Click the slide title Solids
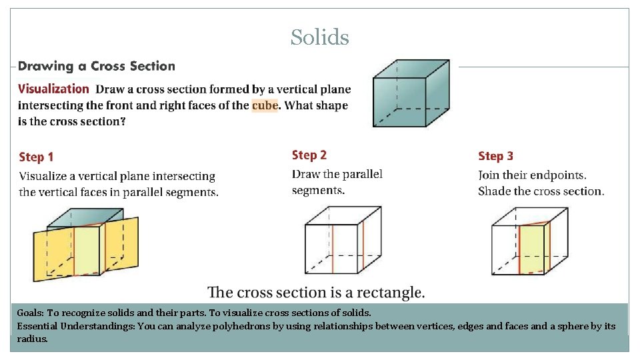click(x=319, y=37)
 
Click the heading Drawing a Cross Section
click(x=97, y=66)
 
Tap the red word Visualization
click(x=53, y=89)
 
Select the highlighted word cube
click(x=264, y=105)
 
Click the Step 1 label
click(x=36, y=157)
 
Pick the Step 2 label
click(x=309, y=155)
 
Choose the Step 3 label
click(x=495, y=156)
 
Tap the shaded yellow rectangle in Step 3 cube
click(x=532, y=249)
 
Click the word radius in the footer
click(x=31, y=339)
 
